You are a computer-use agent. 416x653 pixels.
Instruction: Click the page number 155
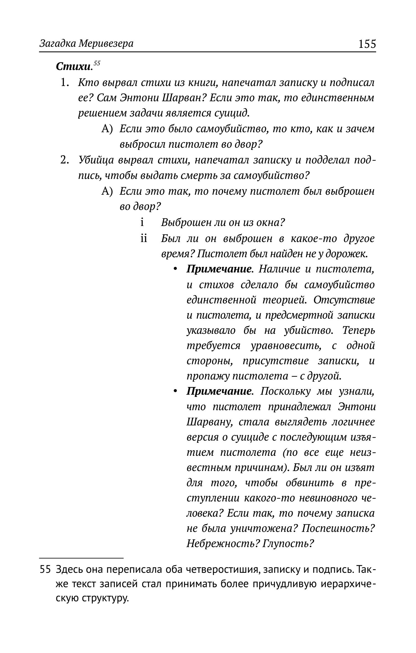[367, 44]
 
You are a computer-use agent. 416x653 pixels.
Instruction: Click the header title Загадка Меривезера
[86, 44]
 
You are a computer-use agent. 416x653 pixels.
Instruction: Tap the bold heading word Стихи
[73, 67]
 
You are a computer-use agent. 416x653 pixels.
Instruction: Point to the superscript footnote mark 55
[97, 63]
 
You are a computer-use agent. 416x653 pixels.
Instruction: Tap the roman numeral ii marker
[143, 238]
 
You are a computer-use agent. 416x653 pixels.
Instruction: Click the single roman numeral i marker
[142, 222]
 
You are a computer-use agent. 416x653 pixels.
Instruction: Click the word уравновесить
[285, 346]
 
